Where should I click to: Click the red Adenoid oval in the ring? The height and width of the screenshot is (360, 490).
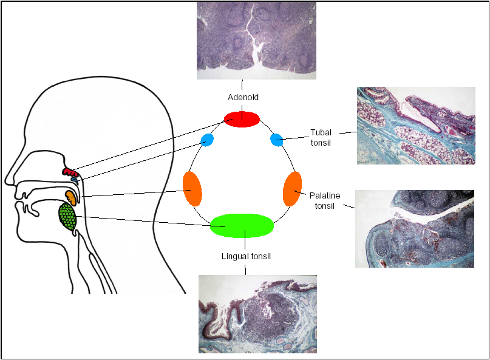242,118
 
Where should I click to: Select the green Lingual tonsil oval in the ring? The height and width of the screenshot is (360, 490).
242,225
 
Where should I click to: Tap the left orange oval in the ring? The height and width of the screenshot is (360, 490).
192,189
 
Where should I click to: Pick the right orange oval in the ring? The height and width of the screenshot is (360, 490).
292,189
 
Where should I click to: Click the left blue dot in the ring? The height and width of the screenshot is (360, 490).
207,140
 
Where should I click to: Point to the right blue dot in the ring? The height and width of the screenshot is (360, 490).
276,140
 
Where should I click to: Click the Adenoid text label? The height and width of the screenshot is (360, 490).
242,97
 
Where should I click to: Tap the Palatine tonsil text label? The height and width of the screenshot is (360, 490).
325,200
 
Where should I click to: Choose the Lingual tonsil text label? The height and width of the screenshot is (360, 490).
246,256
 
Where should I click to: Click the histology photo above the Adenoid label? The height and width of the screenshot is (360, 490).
256,40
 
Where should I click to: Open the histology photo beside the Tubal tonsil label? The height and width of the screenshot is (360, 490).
417,126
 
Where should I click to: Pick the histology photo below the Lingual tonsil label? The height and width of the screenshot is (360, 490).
257,314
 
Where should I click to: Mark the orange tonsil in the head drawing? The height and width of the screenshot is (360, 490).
71,197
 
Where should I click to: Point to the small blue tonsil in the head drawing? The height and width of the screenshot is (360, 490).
74,180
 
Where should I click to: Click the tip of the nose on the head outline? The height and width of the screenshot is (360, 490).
5,182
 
